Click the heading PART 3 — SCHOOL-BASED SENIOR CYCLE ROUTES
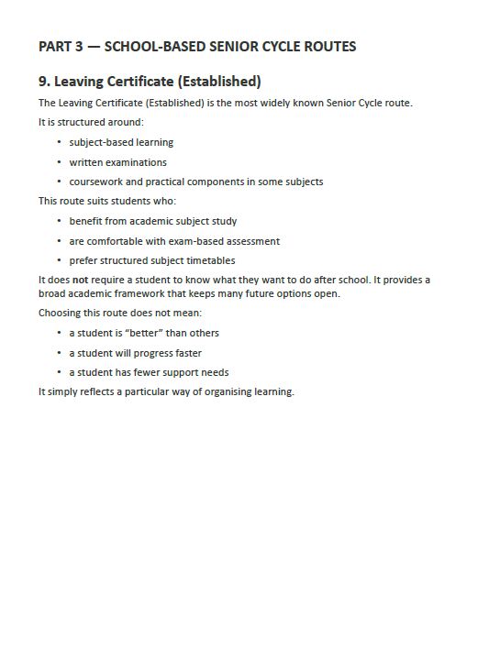[x=197, y=47]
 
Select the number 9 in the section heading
[x=43, y=82]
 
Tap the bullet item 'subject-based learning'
[x=121, y=143]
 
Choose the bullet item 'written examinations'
[x=117, y=162]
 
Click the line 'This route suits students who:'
[x=106, y=201]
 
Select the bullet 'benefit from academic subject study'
[x=152, y=222]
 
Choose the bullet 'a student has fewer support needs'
[x=149, y=373]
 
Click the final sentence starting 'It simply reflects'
[x=166, y=392]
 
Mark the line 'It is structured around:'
[x=91, y=122]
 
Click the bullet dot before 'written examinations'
[x=59, y=162]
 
